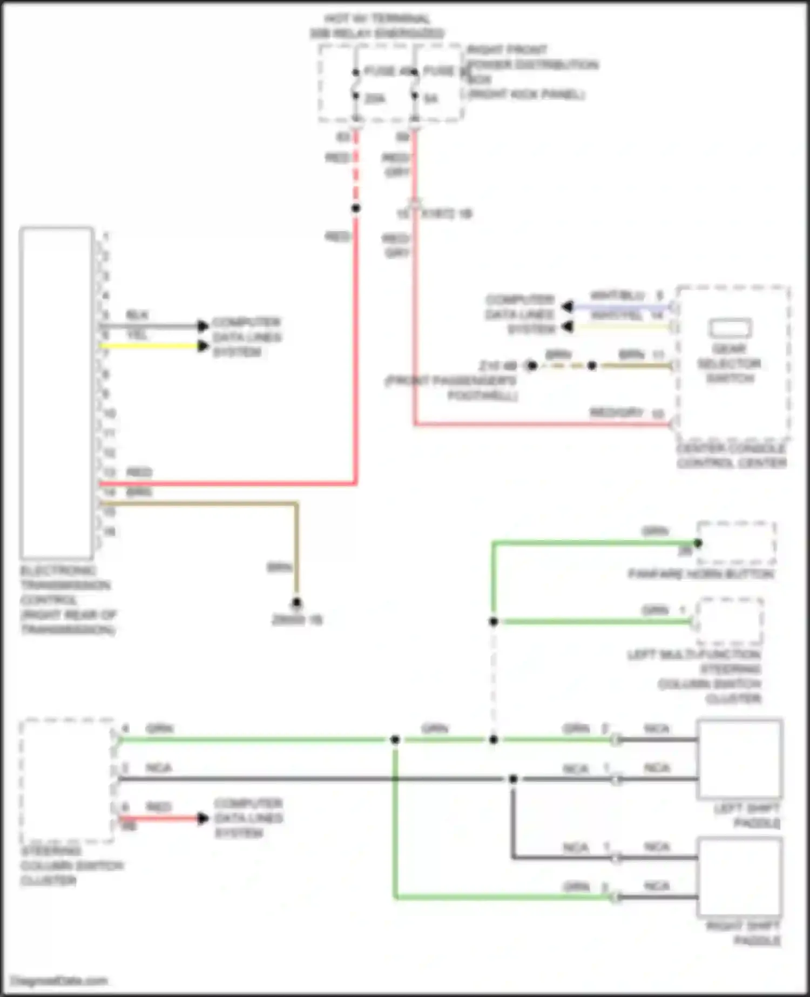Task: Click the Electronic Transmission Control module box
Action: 56,393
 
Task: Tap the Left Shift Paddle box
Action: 739,759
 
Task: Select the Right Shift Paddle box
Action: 739,877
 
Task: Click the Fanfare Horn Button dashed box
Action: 737,543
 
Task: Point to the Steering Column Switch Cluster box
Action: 67,780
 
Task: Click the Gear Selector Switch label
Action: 729,363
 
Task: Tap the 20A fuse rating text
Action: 375,99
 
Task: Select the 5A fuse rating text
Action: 431,99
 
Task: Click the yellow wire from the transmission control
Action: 151,346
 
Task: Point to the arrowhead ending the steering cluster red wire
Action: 203,819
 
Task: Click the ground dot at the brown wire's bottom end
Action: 296,603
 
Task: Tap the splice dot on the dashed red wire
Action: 356,208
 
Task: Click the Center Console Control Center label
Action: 731,456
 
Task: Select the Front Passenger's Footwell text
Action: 451,388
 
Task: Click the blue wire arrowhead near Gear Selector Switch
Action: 567,307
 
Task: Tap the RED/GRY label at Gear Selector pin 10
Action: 616,413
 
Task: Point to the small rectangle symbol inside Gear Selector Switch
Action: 730,328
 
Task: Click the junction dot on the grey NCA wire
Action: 513,779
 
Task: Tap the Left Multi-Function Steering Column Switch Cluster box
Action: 730,621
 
